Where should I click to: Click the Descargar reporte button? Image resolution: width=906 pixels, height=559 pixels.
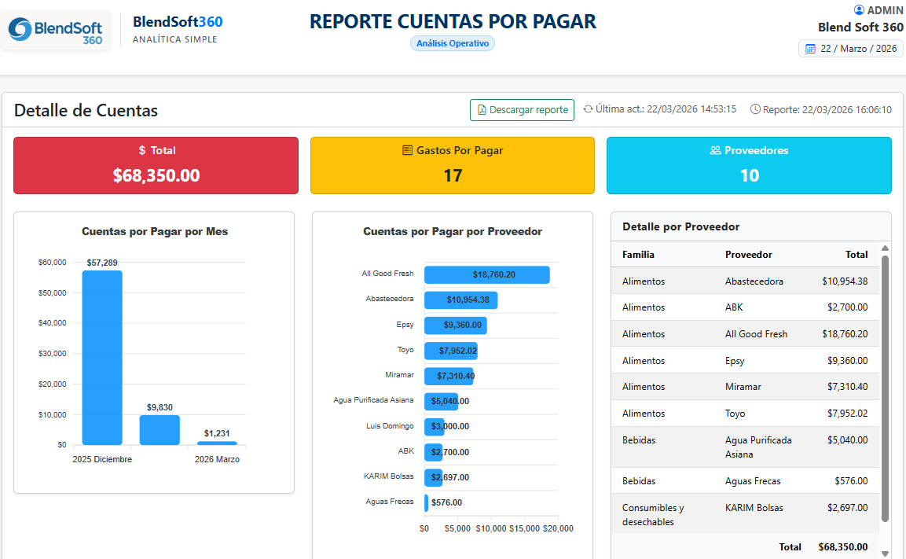click(x=522, y=110)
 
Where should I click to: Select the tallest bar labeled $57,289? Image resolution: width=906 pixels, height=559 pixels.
click(x=102, y=357)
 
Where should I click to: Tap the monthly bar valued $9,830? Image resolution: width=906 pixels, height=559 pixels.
click(x=160, y=429)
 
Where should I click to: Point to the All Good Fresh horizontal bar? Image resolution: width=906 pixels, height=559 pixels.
click(x=486, y=274)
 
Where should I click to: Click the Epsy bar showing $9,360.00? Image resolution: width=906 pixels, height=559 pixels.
click(x=455, y=325)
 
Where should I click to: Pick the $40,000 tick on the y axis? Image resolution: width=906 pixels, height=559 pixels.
click(x=52, y=322)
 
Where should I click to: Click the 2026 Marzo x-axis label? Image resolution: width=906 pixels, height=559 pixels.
click(x=217, y=459)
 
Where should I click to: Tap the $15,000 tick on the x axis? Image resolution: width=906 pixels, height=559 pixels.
click(x=524, y=528)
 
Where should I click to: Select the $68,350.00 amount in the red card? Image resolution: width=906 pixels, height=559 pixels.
click(x=156, y=175)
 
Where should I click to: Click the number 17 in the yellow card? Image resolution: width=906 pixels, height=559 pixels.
click(x=453, y=175)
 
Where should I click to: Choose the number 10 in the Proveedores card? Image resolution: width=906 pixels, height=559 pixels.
click(x=750, y=175)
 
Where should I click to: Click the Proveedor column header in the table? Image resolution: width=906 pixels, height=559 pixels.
click(x=748, y=255)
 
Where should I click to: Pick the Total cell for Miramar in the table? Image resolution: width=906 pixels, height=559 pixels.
click(x=847, y=387)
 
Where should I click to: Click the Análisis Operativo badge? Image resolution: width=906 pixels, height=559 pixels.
click(x=453, y=43)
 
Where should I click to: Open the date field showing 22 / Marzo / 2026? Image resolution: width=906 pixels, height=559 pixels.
click(x=850, y=49)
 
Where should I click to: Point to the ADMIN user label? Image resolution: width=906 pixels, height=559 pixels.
click(x=878, y=9)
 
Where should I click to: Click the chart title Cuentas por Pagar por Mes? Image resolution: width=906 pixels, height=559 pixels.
click(x=155, y=231)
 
